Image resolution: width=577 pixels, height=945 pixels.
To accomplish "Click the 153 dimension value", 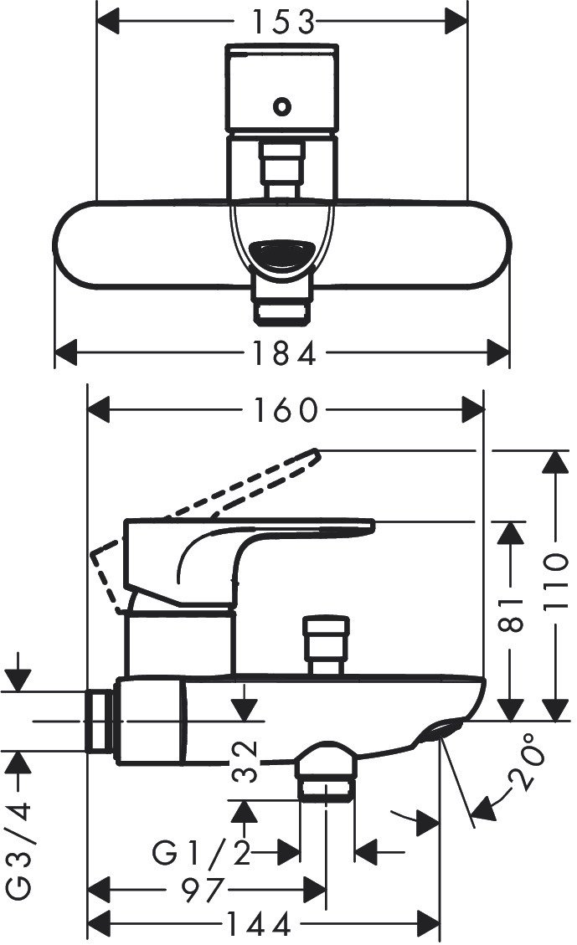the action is tap(283, 23).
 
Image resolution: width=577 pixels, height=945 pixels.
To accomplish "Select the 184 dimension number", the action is tap(283, 352).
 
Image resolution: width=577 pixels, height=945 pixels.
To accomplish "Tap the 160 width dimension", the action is tap(285, 410).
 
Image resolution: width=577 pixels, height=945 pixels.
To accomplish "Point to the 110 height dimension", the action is tap(556, 582).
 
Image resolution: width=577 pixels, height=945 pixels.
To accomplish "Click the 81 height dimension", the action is tap(512, 614).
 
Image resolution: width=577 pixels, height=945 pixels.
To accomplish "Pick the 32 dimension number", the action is tap(245, 762).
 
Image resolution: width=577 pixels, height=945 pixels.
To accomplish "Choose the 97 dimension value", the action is tap(203, 890).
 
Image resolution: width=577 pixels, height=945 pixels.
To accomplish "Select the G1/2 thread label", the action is tap(201, 853).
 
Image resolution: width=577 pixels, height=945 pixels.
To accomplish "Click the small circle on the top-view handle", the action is tap(281, 106).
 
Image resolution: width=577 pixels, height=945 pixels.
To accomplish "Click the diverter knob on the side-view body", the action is tap(326, 644).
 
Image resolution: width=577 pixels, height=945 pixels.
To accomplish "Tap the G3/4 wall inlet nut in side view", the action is tap(100, 722).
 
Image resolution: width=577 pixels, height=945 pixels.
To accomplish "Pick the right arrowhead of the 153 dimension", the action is tap(456, 23).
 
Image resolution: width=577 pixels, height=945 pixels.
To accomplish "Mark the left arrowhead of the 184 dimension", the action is tap(66, 352).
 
